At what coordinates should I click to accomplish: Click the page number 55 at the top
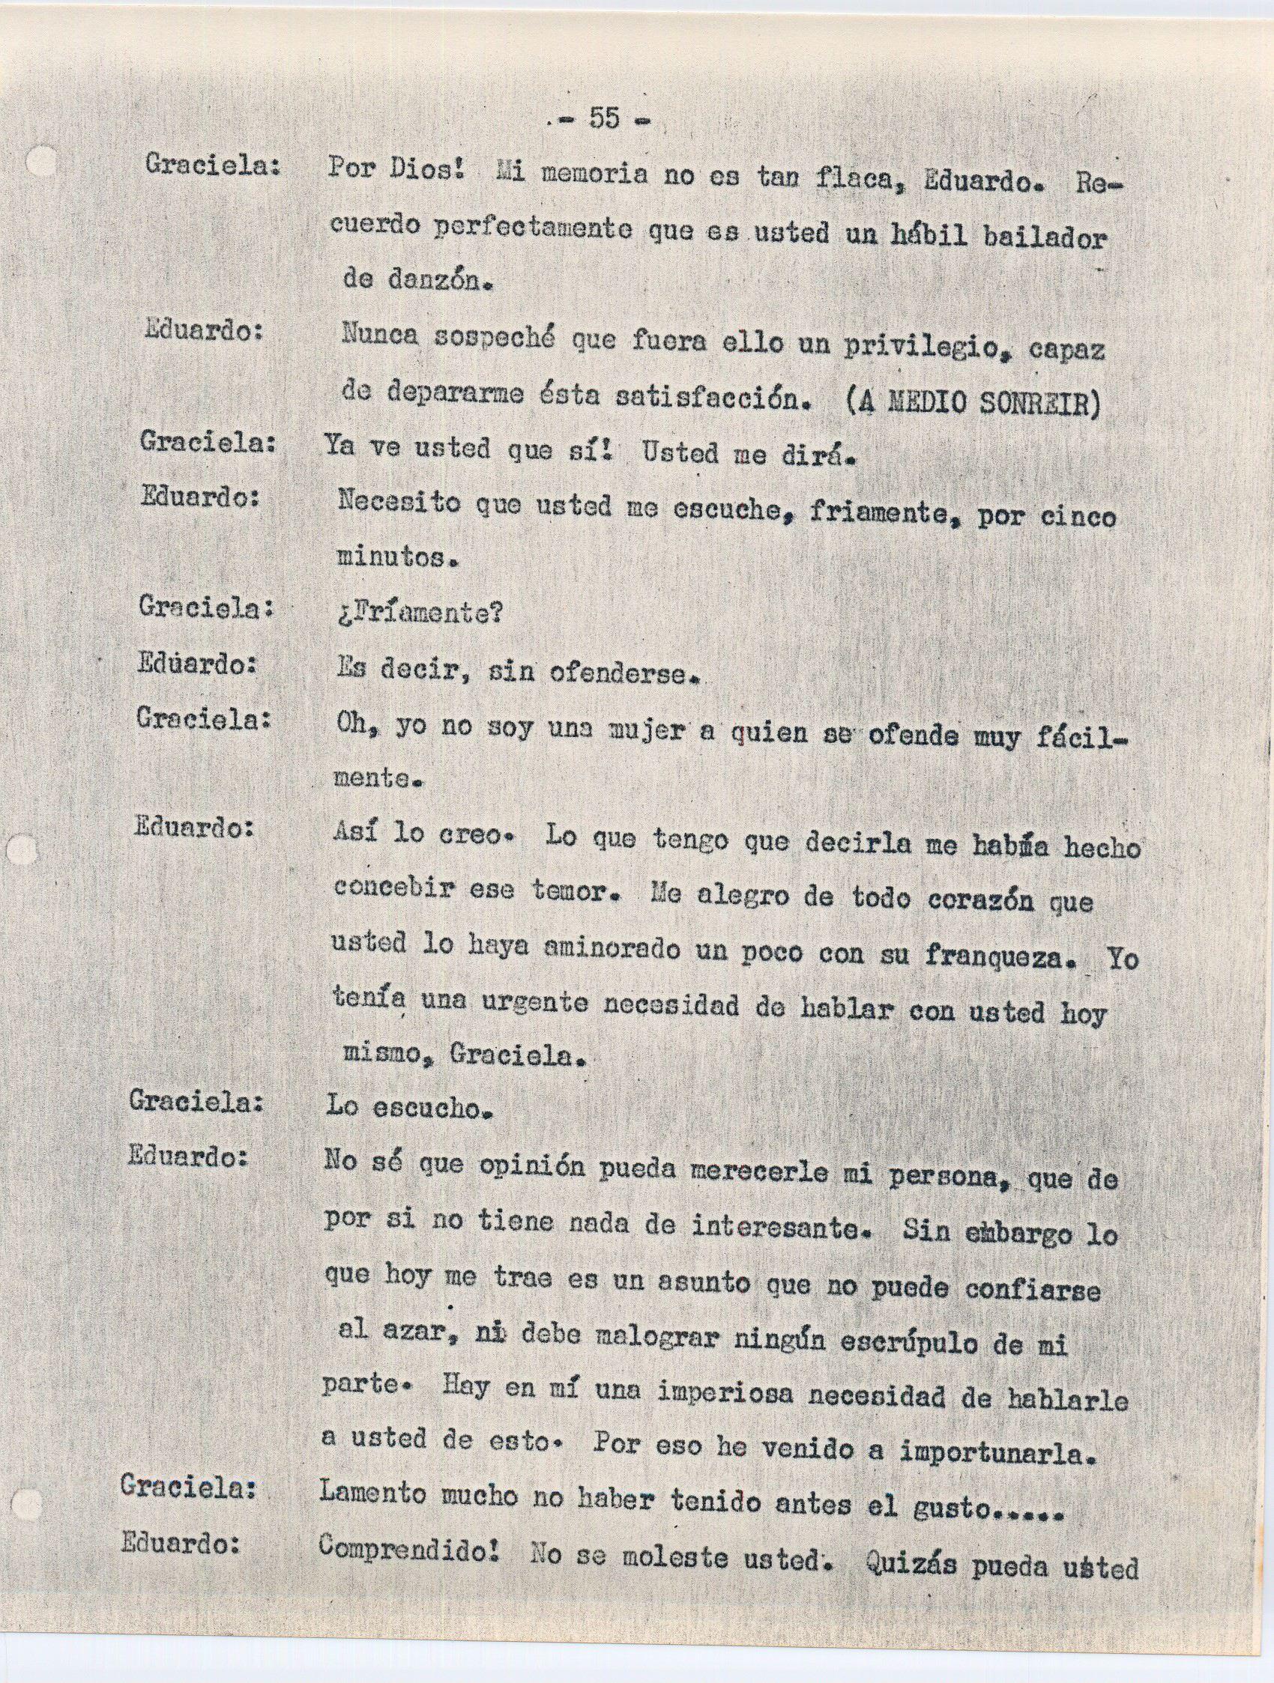(603, 118)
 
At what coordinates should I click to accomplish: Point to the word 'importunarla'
(997, 1455)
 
